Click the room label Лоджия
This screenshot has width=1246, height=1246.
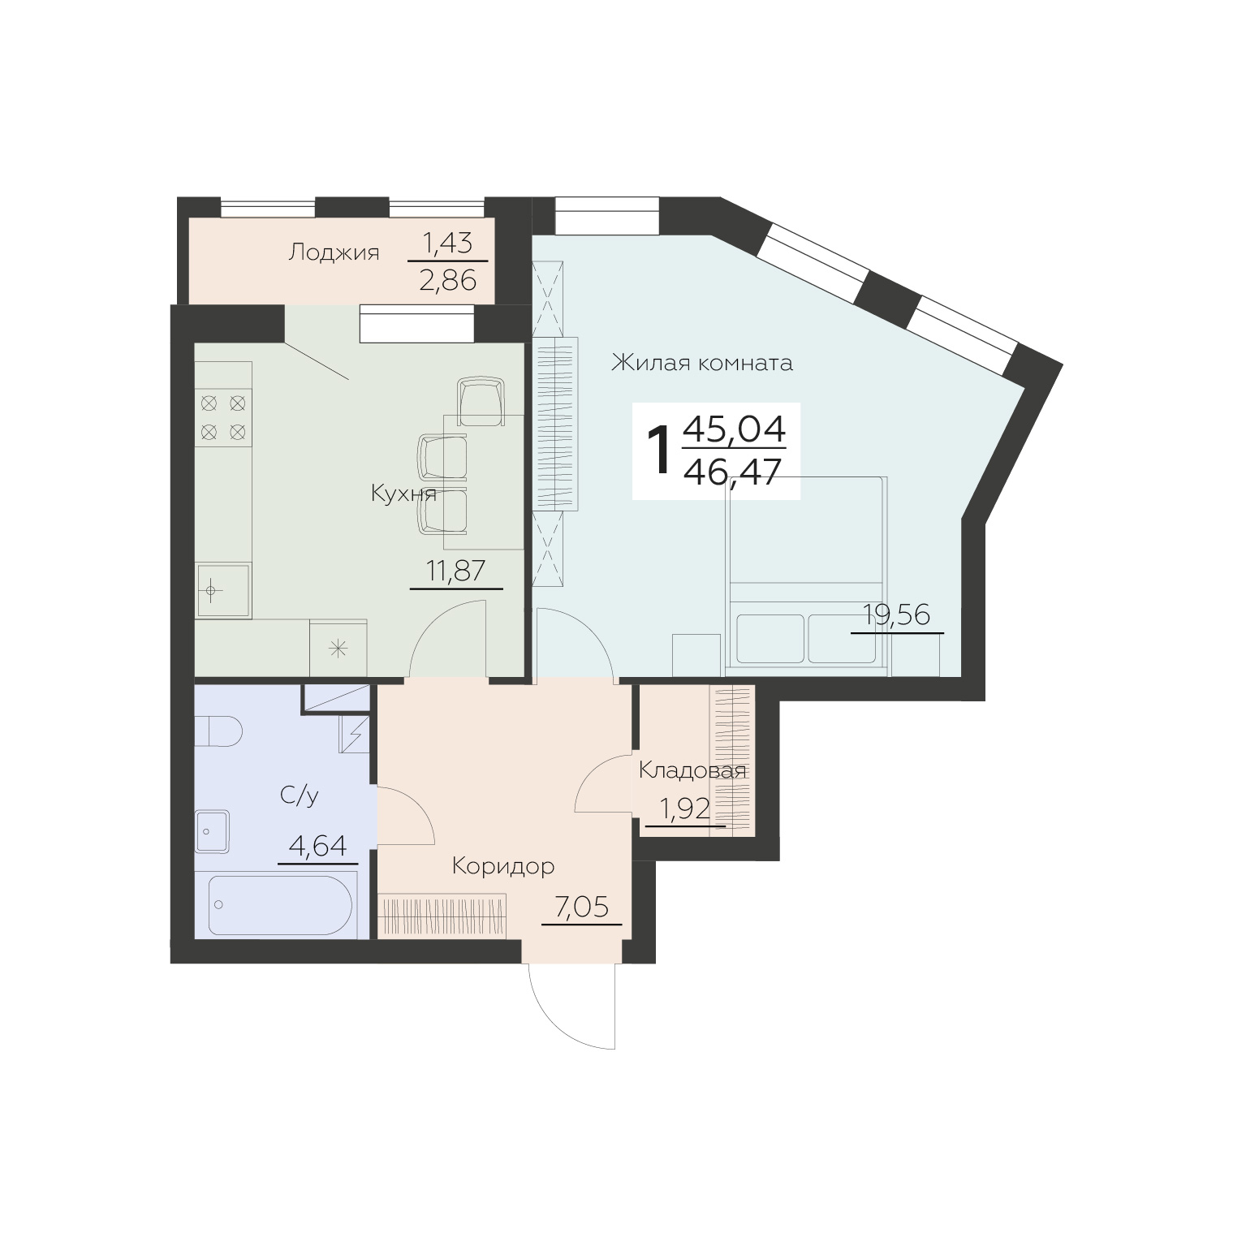click(334, 253)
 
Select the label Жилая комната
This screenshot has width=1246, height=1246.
click(701, 362)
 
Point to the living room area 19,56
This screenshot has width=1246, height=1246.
click(896, 615)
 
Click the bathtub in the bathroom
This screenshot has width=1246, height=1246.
click(280, 906)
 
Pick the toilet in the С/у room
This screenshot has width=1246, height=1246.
click(218, 730)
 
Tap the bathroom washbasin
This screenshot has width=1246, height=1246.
click(213, 831)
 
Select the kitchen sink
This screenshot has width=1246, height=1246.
click(223, 590)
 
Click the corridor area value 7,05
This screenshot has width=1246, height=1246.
click(580, 907)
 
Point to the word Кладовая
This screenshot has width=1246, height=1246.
click(692, 770)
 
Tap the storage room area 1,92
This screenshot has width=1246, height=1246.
click(683, 809)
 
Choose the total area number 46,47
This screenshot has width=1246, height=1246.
click(733, 470)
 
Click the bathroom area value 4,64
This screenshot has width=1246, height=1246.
click(317, 847)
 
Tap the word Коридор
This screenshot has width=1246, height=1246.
click(503, 866)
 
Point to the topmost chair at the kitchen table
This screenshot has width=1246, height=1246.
click(481, 402)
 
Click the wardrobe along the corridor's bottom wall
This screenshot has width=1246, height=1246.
click(442, 916)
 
